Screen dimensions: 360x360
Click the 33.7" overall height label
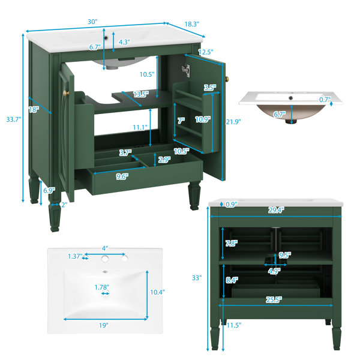tap(14, 119)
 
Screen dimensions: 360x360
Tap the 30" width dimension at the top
tap(92, 22)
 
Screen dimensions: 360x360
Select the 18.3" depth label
tap(192, 24)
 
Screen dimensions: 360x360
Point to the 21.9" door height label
tap(233, 122)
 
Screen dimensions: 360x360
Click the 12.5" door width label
tap(206, 52)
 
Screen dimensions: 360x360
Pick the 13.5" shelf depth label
tap(141, 94)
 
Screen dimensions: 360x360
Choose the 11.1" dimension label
tap(140, 127)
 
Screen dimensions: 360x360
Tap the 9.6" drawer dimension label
tap(122, 176)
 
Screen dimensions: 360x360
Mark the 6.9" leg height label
tap(49, 190)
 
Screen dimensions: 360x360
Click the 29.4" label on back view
tap(276, 210)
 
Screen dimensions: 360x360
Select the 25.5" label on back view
tap(274, 299)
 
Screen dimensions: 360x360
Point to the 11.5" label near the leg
tap(234, 325)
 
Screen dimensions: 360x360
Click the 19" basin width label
tap(104, 325)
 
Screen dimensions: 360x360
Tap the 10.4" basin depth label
tap(157, 292)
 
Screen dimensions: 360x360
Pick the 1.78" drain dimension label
tap(102, 287)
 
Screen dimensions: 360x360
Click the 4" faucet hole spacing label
tap(105, 248)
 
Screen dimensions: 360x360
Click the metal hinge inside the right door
tap(186, 70)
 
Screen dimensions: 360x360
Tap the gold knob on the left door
tap(66, 93)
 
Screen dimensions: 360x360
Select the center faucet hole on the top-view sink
tap(105, 259)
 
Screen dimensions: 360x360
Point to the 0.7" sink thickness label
tap(325, 100)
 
